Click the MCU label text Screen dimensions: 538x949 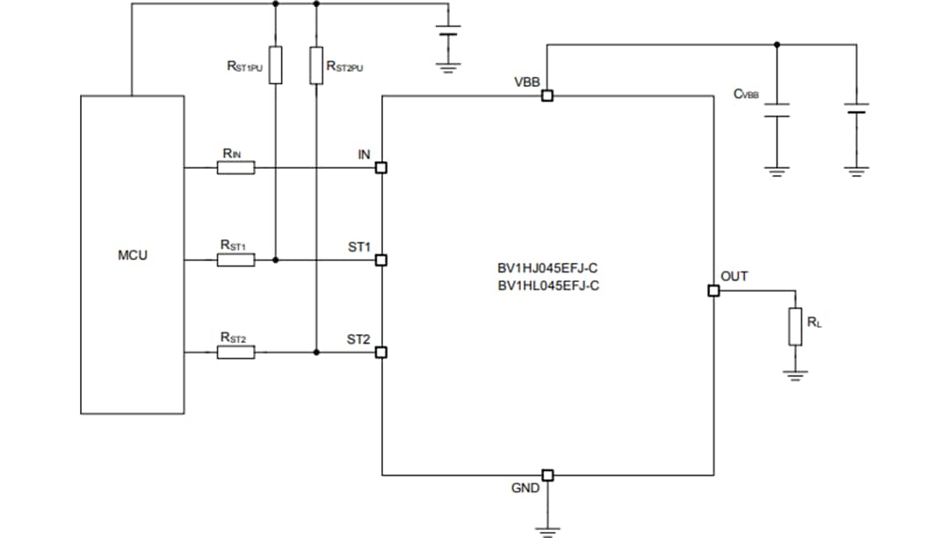pyautogui.click(x=133, y=256)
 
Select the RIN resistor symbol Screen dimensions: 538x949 pyautogui.click(x=236, y=168)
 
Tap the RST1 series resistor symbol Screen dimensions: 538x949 pyautogui.click(x=236, y=260)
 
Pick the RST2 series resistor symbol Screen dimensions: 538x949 pyautogui.click(x=236, y=353)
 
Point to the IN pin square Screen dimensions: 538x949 pyautogui.click(x=381, y=168)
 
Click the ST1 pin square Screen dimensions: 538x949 pyautogui.click(x=381, y=260)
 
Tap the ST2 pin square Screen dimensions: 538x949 pyautogui.click(x=381, y=353)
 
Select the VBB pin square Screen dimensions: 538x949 pyautogui.click(x=547, y=97)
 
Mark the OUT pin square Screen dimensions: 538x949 pyautogui.click(x=713, y=291)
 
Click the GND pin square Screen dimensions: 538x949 pyautogui.click(x=547, y=476)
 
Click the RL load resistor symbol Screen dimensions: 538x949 pyautogui.click(x=794, y=326)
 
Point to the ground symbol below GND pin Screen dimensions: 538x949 pyautogui.click(x=547, y=528)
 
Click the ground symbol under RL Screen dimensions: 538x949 pyautogui.click(x=794, y=375)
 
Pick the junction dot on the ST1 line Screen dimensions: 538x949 pyautogui.click(x=275, y=260)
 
